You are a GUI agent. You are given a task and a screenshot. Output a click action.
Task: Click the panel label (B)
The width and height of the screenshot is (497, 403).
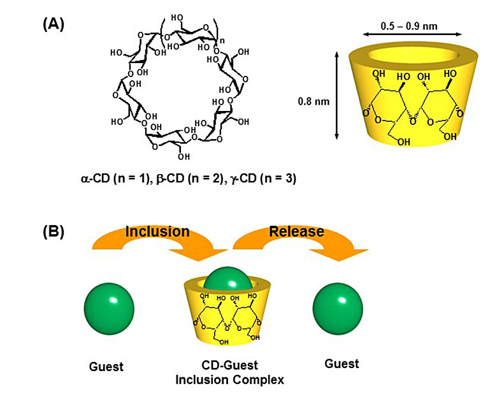click(x=54, y=230)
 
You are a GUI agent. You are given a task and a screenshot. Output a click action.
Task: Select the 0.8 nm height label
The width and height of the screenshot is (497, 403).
click(x=315, y=101)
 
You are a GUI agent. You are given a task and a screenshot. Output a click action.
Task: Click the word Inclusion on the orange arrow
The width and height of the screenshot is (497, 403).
click(x=157, y=231)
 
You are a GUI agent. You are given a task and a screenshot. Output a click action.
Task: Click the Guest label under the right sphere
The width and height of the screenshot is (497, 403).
click(x=342, y=363)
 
